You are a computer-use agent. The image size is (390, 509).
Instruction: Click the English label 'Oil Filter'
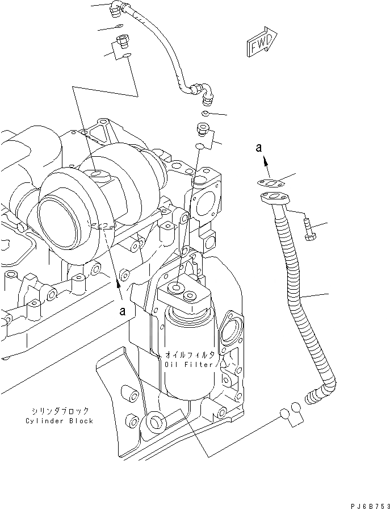point(189,364)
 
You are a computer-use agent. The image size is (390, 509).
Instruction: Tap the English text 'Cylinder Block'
point(60,421)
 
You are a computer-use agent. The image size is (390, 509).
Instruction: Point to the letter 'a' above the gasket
point(258,148)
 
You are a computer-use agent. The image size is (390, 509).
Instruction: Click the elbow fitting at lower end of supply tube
point(204,93)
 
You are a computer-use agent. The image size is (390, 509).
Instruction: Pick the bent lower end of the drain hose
point(321,392)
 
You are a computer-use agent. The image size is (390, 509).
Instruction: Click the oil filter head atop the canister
point(183,294)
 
